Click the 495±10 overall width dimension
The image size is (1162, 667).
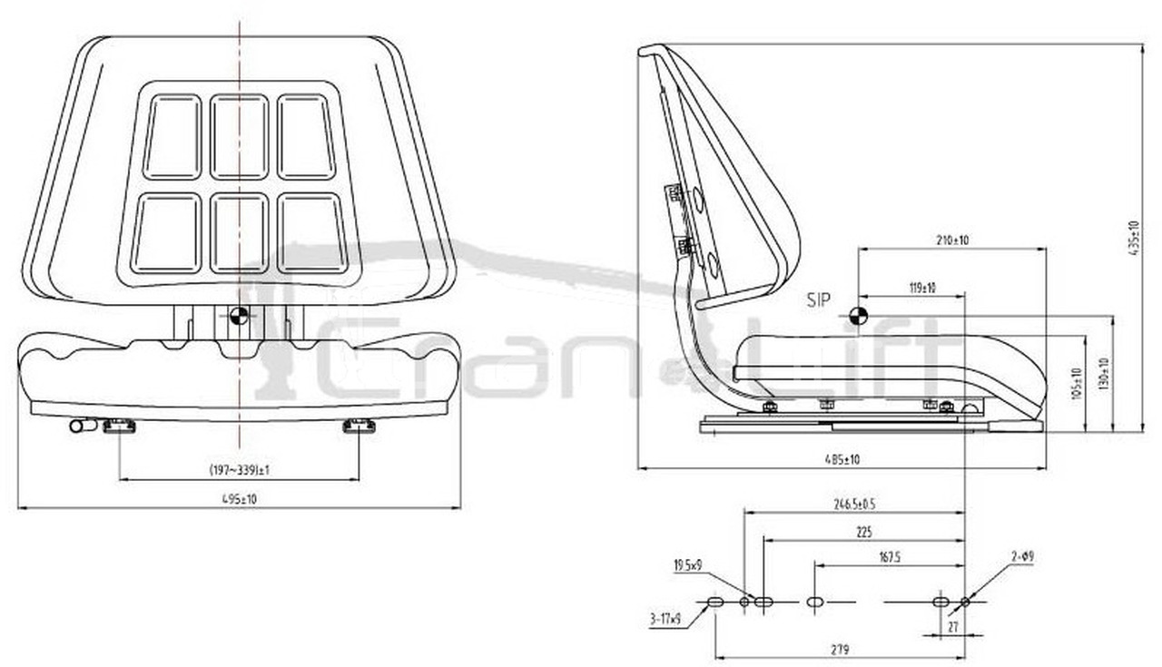click(238, 499)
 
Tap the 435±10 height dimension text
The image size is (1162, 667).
click(1132, 239)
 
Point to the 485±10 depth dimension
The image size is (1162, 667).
click(842, 460)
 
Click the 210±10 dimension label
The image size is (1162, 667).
click(952, 240)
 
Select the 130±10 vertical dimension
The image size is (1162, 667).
click(1104, 375)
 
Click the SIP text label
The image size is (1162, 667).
click(818, 301)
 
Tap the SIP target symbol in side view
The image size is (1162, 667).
click(857, 316)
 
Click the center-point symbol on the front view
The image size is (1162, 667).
click(239, 316)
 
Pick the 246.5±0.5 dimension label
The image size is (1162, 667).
click(854, 504)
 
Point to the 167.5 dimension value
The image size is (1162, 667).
click(889, 558)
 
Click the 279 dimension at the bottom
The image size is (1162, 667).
click(840, 649)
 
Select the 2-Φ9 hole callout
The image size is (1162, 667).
click(1022, 555)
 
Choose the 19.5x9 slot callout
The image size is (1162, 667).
click(687, 565)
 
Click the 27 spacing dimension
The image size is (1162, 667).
click(952, 626)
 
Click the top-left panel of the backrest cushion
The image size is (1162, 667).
click(172, 137)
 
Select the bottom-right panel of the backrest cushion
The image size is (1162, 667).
click(311, 233)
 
